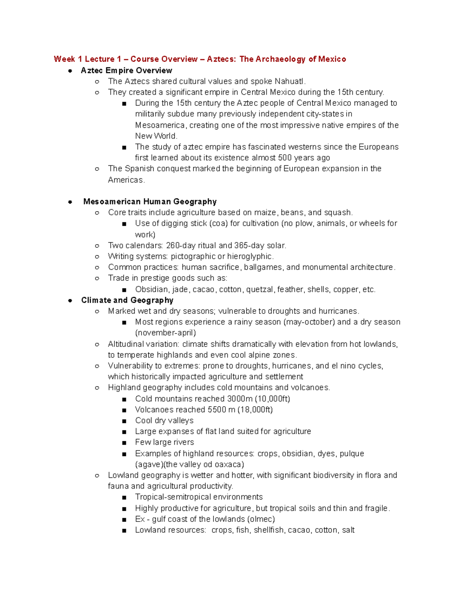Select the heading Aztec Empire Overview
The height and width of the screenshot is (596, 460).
pos(127,71)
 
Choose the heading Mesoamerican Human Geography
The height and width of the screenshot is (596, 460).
pos(150,202)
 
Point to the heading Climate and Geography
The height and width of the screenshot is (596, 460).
pos(127,300)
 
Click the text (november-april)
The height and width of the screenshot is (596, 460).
pos(166,333)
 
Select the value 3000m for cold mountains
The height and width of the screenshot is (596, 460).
pos(240,399)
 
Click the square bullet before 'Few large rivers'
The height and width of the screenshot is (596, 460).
pos(124,443)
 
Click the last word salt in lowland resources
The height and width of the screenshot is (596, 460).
pos(348,530)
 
